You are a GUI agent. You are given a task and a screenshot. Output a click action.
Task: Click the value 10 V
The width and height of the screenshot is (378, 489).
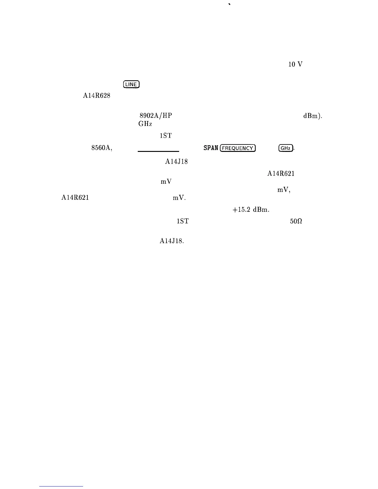[x=296, y=64]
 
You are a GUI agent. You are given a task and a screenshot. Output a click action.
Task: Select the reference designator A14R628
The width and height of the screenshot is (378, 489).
[x=97, y=96]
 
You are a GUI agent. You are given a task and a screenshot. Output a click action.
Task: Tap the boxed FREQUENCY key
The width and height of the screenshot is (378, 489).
[x=237, y=148]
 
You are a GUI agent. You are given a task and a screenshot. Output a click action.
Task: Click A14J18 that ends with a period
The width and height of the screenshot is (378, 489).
[x=172, y=241]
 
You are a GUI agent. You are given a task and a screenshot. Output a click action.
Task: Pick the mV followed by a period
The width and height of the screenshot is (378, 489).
[x=179, y=198]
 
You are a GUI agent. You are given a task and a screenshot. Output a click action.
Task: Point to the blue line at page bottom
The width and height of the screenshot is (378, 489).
[x=61, y=486]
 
